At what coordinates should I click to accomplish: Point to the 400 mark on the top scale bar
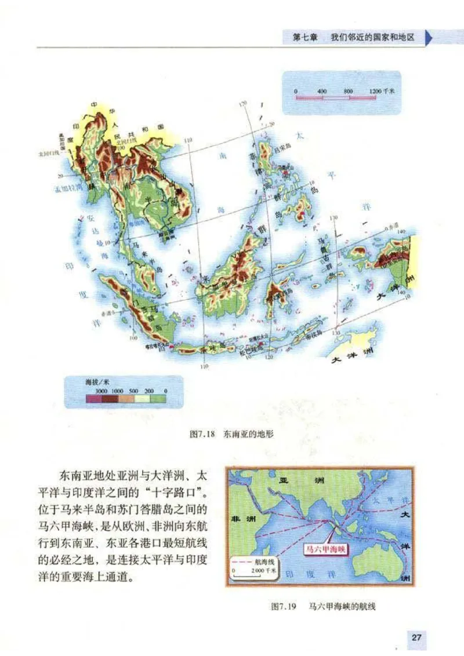(x=322, y=91)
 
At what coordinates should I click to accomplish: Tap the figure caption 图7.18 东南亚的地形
(x=232, y=433)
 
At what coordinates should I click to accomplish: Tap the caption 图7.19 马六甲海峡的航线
(x=323, y=606)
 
